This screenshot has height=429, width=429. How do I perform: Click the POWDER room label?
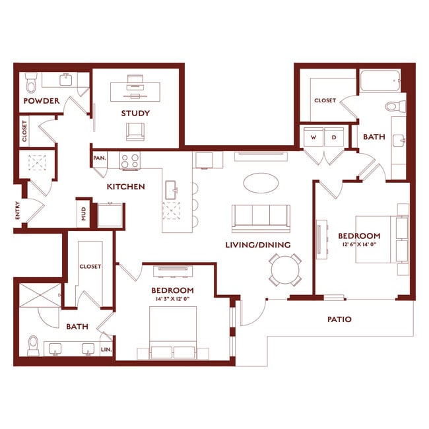pyautogui.click(x=42, y=101)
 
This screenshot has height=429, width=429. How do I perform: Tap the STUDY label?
pyautogui.click(x=135, y=113)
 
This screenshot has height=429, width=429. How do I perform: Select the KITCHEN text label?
pyautogui.click(x=125, y=187)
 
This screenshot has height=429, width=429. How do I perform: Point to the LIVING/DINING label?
pyautogui.click(x=258, y=245)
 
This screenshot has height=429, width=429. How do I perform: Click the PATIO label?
pyautogui.click(x=339, y=319)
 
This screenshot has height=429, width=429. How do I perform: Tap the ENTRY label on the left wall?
pyautogui.click(x=18, y=211)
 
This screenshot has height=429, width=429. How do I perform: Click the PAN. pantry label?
pyautogui.click(x=100, y=158)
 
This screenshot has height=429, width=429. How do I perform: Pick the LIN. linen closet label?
pyautogui.click(x=106, y=350)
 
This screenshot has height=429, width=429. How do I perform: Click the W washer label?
pyautogui.click(x=313, y=137)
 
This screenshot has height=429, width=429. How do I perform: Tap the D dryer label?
pyautogui.click(x=334, y=137)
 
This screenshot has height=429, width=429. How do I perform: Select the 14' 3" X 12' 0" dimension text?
pyautogui.click(x=172, y=300)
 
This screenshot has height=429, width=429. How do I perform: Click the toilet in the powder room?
pyautogui.click(x=31, y=84)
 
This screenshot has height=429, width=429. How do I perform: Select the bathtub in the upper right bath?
pyautogui.click(x=379, y=82)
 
